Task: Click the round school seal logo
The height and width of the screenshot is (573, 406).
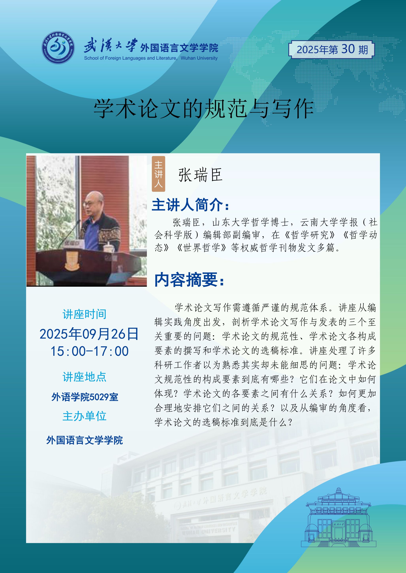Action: (x=58, y=47)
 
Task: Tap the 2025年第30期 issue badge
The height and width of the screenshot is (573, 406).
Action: (x=332, y=50)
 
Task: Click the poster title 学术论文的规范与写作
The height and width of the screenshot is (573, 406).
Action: (x=204, y=108)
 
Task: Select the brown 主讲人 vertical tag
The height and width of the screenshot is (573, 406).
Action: (x=159, y=174)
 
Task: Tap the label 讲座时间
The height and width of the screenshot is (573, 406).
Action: (x=85, y=314)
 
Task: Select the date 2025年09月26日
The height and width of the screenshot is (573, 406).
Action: (x=89, y=334)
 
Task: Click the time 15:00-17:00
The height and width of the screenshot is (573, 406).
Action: (x=89, y=351)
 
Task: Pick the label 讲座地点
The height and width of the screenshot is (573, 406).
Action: (x=85, y=377)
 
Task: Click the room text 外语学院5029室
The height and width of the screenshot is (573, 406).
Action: (x=85, y=397)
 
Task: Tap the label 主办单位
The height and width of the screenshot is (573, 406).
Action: (x=85, y=416)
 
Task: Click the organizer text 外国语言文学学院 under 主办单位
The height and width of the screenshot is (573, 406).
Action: (x=85, y=440)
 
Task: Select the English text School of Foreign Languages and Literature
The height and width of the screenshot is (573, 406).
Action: (x=130, y=58)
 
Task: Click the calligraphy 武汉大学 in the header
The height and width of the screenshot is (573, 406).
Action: (x=111, y=45)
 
